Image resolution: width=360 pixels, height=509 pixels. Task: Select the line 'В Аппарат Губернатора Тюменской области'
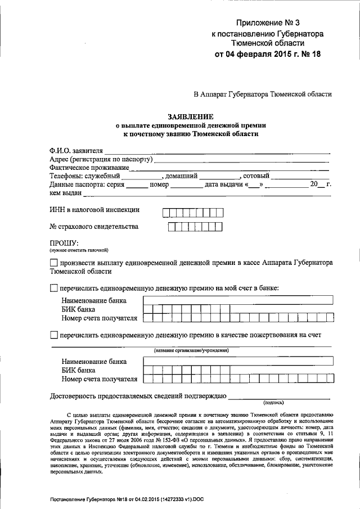tap(263, 94)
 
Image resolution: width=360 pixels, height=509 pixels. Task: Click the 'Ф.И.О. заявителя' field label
tap(76, 150)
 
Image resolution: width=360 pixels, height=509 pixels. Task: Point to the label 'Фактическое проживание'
tap(89, 167)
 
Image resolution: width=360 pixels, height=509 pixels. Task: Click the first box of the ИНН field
tap(166, 212)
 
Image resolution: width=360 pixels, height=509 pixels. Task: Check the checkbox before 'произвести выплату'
tap(53, 263)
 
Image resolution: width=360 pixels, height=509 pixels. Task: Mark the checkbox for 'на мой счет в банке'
tap(53, 288)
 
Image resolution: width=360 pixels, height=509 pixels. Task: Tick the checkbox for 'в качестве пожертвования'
tap(53, 335)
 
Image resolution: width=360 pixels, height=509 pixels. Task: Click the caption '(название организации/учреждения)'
tap(191, 350)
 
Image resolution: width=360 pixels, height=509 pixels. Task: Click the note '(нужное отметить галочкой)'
tap(79, 250)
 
